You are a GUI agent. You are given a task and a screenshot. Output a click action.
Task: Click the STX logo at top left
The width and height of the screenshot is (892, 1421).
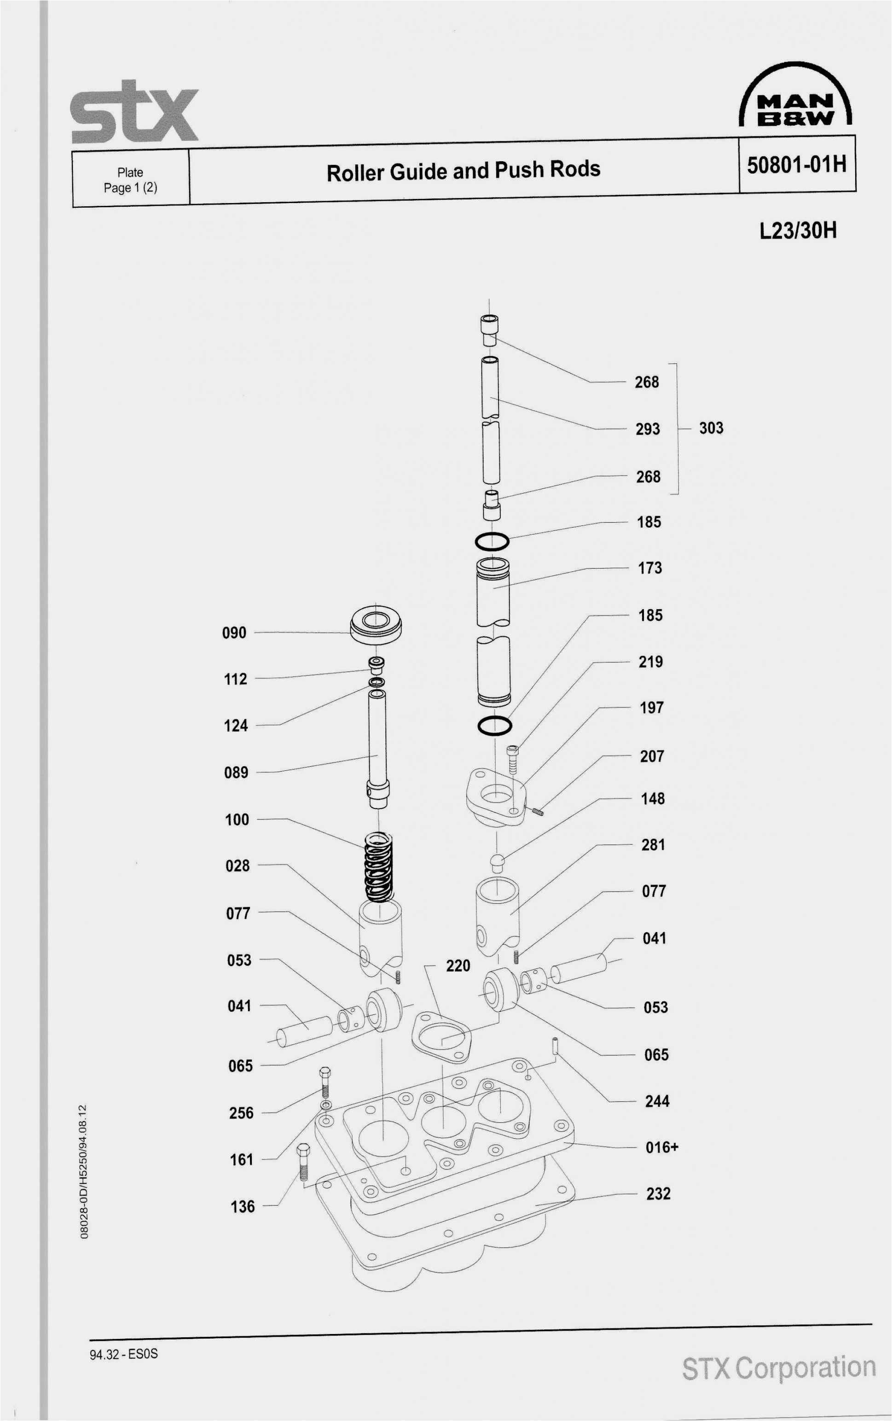click(134, 113)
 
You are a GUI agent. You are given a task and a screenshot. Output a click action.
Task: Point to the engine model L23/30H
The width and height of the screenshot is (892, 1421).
click(798, 230)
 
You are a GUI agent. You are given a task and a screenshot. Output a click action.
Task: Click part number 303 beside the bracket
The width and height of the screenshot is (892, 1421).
click(711, 428)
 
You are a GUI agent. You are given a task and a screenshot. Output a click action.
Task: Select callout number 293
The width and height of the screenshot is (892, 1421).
click(647, 429)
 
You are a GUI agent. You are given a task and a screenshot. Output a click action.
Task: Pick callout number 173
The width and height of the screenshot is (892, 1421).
click(649, 568)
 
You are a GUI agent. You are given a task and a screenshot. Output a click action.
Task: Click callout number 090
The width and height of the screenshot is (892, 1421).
click(234, 633)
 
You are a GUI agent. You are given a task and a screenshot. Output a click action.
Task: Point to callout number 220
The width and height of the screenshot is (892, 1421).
click(458, 966)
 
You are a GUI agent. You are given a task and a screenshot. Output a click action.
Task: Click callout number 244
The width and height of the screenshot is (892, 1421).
click(657, 1101)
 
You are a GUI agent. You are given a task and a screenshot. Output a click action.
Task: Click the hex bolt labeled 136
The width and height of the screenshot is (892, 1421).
click(303, 1161)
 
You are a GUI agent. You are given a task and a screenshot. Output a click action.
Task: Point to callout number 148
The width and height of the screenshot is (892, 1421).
click(653, 798)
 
